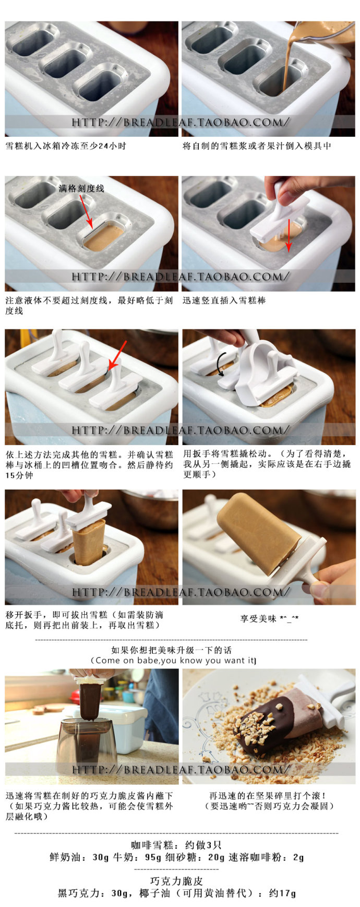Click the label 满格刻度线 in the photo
81,188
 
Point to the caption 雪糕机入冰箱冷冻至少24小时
66,146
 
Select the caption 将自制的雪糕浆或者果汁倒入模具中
257,146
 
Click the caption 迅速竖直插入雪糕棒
224,301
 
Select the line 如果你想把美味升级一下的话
171,650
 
